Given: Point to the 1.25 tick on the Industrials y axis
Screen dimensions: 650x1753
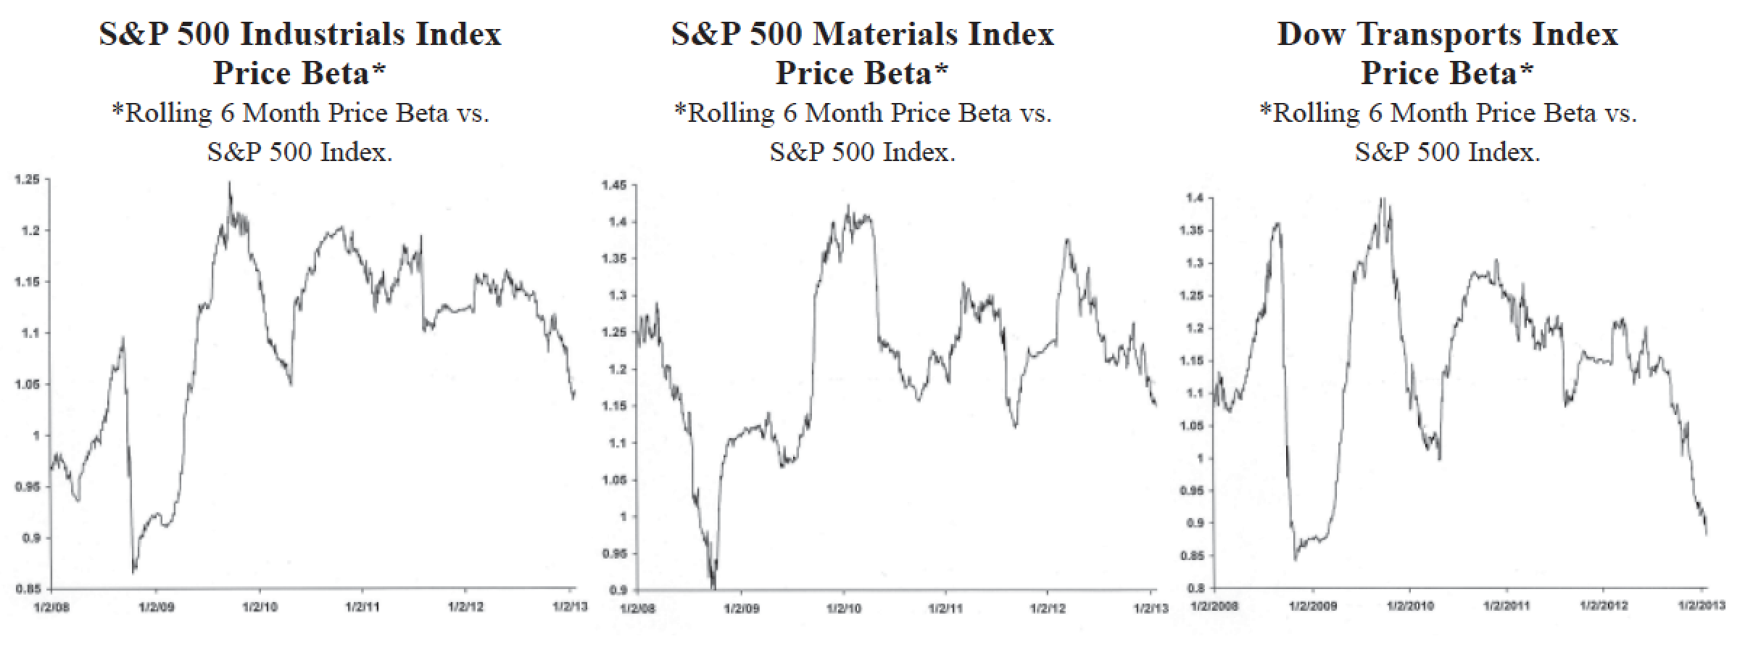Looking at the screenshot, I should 28,180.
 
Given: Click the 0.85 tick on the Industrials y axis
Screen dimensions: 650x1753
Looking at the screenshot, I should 28,589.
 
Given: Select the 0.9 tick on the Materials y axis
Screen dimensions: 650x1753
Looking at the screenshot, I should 618,590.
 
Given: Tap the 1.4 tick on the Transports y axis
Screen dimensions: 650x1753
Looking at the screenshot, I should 1195,198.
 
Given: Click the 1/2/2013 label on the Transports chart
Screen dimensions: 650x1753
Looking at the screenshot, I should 1704,605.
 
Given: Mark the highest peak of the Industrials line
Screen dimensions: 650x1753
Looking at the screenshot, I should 230,182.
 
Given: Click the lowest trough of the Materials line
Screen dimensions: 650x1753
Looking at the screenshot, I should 713,587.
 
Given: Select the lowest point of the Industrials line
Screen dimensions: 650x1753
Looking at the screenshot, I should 133,573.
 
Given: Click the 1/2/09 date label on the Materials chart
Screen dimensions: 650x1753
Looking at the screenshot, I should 741,607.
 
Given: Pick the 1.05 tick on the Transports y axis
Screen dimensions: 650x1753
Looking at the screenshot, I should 1192,426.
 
